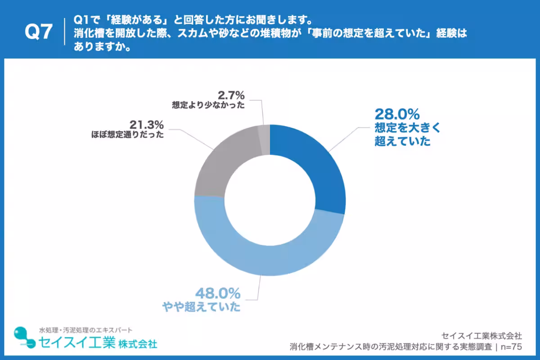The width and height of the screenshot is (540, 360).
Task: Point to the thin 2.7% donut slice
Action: (264, 134)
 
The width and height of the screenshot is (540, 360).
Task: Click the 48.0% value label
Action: (218, 294)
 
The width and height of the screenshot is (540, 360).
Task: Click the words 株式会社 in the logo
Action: (138, 344)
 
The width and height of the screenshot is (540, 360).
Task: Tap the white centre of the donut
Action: (270, 200)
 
